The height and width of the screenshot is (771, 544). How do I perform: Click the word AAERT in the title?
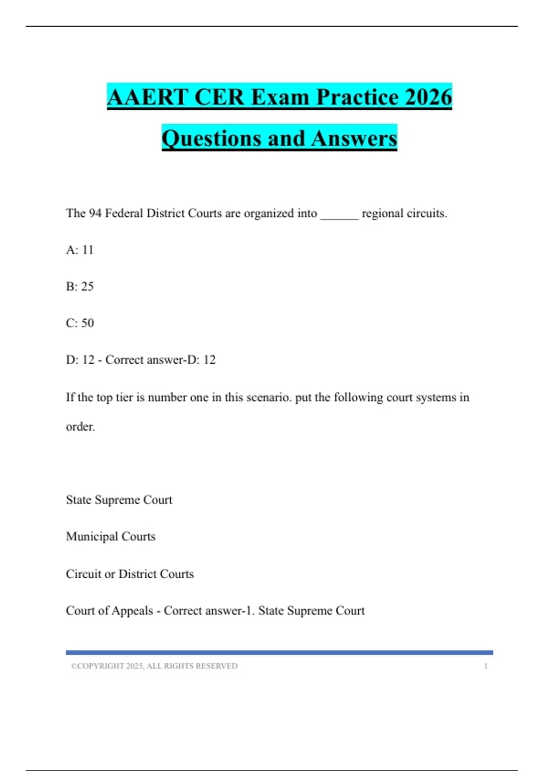click(x=147, y=97)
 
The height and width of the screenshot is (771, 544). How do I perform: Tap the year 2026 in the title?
click(x=428, y=97)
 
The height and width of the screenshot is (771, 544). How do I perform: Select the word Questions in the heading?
click(x=211, y=138)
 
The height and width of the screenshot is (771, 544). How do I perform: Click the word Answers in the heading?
click(x=354, y=138)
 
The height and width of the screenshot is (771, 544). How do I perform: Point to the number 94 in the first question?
click(x=95, y=213)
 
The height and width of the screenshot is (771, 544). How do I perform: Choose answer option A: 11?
click(x=80, y=250)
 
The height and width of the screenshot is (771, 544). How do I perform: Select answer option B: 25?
click(x=80, y=287)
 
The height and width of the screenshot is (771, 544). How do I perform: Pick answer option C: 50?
click(x=80, y=323)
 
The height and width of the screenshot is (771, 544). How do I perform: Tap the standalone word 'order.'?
click(x=80, y=427)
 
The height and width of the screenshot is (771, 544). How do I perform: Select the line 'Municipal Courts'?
click(x=111, y=537)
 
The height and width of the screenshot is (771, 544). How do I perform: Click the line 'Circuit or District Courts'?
click(x=130, y=574)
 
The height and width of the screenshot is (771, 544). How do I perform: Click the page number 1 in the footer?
click(x=486, y=666)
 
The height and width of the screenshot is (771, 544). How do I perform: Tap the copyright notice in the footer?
click(x=154, y=666)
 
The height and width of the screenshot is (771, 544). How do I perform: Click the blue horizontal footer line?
click(x=279, y=653)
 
